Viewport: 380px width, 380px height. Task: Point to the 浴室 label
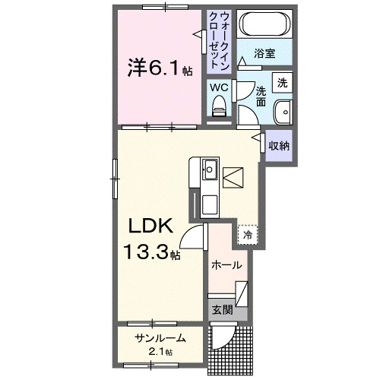[264, 55]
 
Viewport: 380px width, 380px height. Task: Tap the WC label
[219, 87]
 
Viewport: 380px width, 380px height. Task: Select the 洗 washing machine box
[282, 81]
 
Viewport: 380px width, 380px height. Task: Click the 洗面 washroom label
[261, 96]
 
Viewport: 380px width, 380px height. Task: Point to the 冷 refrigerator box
[248, 236]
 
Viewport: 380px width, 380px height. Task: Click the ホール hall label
[227, 265]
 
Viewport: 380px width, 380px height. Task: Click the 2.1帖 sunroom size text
[160, 352]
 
